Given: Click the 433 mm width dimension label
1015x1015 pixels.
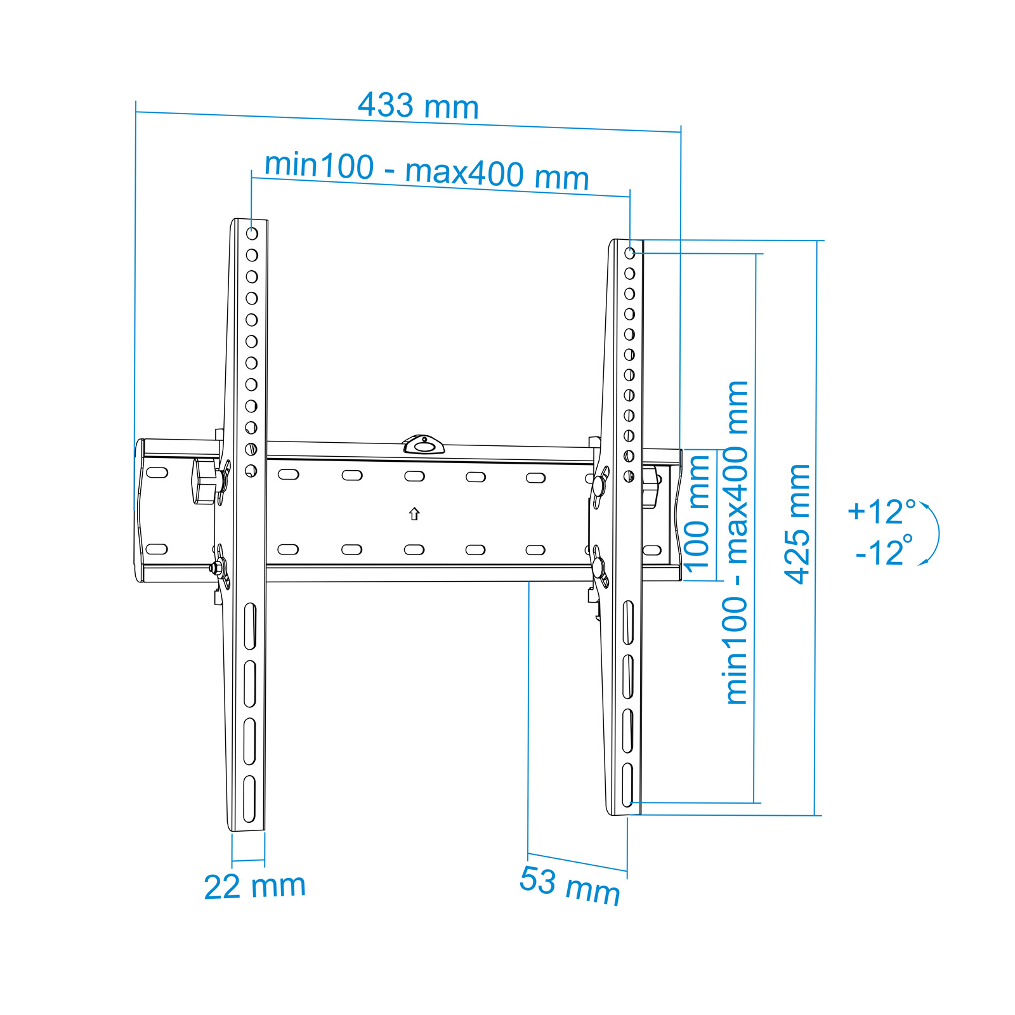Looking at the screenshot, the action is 418,106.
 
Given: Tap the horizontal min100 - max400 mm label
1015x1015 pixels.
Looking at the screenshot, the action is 426,171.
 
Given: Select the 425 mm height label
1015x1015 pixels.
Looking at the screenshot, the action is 797,524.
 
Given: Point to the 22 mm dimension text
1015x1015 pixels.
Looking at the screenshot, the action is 255,886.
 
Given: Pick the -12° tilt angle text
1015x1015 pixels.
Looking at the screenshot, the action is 884,552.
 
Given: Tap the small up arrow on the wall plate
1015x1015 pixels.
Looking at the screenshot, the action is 414,514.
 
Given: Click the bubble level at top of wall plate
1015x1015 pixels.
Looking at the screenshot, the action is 423,445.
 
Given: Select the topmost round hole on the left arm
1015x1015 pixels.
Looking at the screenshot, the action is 252,233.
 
